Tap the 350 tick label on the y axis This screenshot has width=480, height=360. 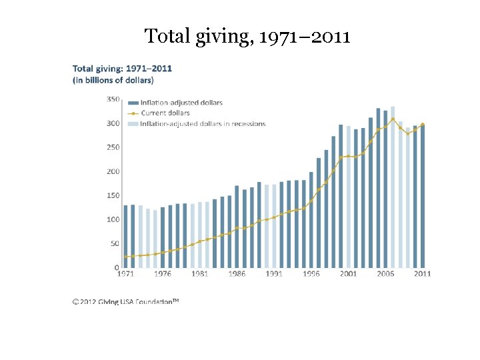113,99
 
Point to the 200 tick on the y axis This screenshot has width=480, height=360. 113,171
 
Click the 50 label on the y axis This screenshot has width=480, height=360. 115,244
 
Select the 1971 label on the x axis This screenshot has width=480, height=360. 125,274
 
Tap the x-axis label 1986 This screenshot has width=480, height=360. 237,274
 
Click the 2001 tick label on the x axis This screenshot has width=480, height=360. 348,274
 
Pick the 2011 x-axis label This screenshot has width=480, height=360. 422,274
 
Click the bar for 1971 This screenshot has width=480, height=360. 125,236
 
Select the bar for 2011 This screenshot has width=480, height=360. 423,196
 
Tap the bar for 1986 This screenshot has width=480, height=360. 237,227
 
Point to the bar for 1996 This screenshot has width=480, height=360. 311,220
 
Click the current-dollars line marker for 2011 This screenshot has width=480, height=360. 423,125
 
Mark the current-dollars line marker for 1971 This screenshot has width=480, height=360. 125,257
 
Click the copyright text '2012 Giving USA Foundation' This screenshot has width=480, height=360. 126,301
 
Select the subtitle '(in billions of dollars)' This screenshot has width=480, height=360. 113,81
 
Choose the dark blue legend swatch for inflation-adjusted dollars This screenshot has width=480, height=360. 133,103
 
